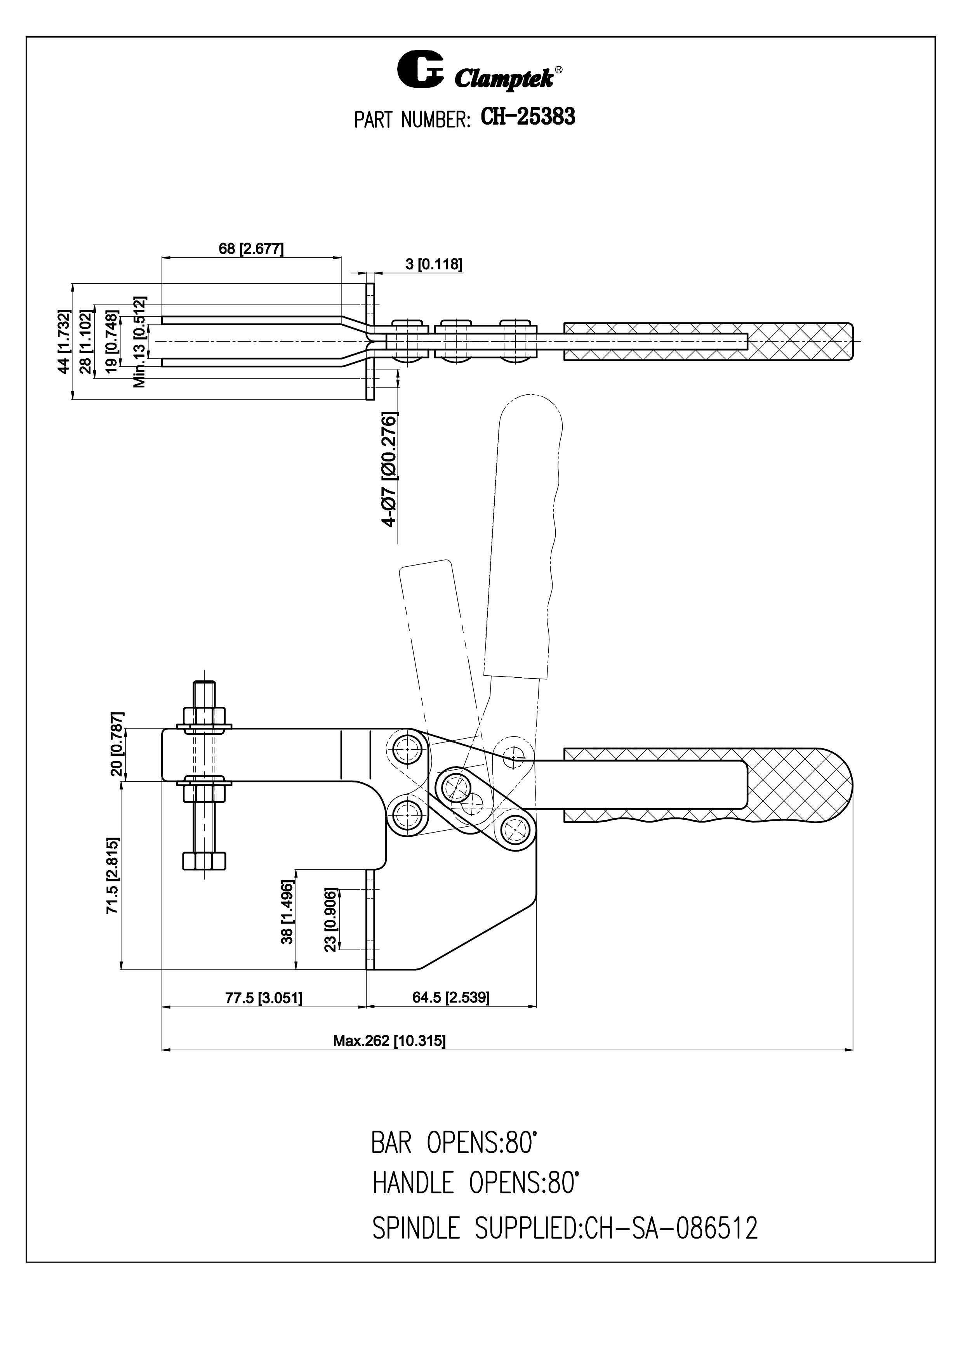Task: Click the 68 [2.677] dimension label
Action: point(251,248)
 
